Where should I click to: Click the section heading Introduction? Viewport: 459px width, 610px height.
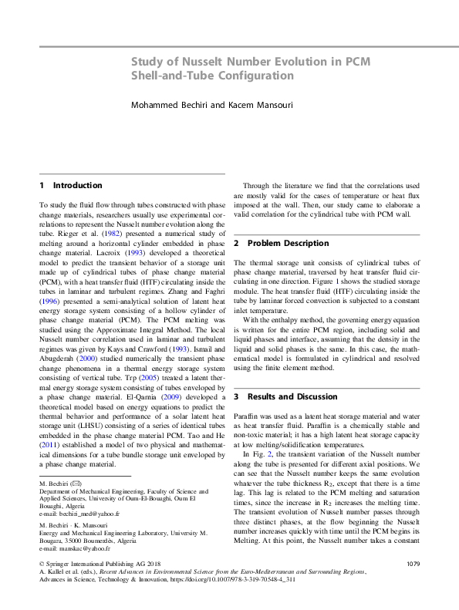click(77, 185)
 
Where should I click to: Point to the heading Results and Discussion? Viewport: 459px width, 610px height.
click(296, 396)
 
